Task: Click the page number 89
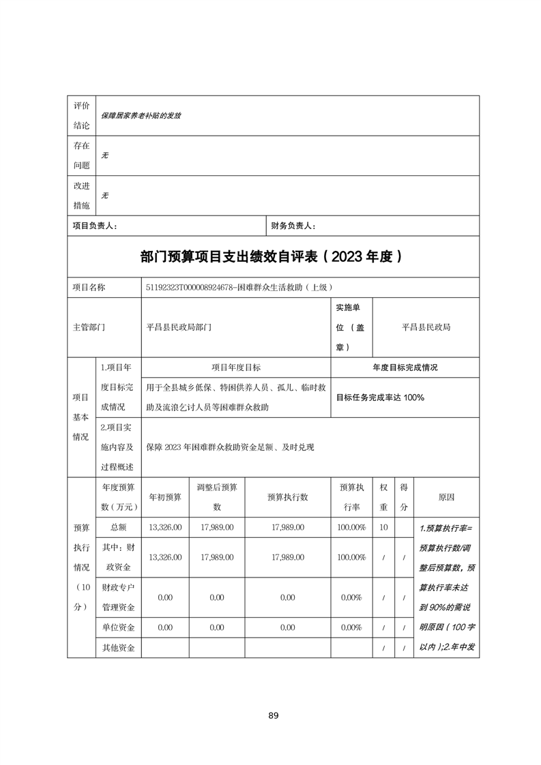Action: click(x=273, y=715)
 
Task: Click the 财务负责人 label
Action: click(x=293, y=225)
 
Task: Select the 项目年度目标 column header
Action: click(x=235, y=367)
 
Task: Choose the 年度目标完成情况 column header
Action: click(x=405, y=367)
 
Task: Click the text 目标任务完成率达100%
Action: click(x=380, y=397)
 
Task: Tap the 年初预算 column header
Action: click(x=164, y=497)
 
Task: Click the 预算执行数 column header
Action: click(x=287, y=497)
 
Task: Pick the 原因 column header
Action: click(x=446, y=497)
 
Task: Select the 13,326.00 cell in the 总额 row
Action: click(x=164, y=527)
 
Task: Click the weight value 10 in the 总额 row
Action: click(x=383, y=527)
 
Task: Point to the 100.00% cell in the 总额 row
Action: click(x=351, y=527)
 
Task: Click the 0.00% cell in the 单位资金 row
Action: click(x=351, y=627)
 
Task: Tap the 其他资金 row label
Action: click(x=118, y=647)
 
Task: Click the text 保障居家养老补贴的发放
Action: click(x=141, y=116)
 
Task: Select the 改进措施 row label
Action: click(x=81, y=196)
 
